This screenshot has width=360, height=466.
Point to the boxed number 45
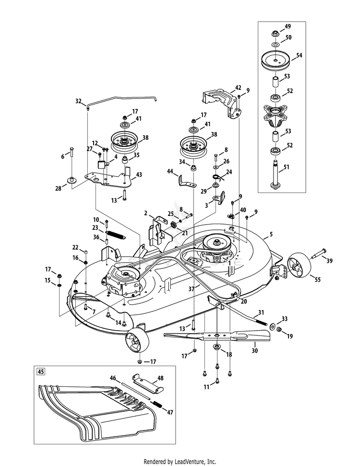pyautogui.click(x=41, y=371)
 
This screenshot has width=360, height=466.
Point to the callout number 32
pyautogui.click(x=78, y=101)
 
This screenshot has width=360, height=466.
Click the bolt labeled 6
pyautogui.click(x=72, y=157)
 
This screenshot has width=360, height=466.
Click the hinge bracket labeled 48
pyautogui.click(x=148, y=382)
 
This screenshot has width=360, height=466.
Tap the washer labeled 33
pyautogui.click(x=273, y=326)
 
